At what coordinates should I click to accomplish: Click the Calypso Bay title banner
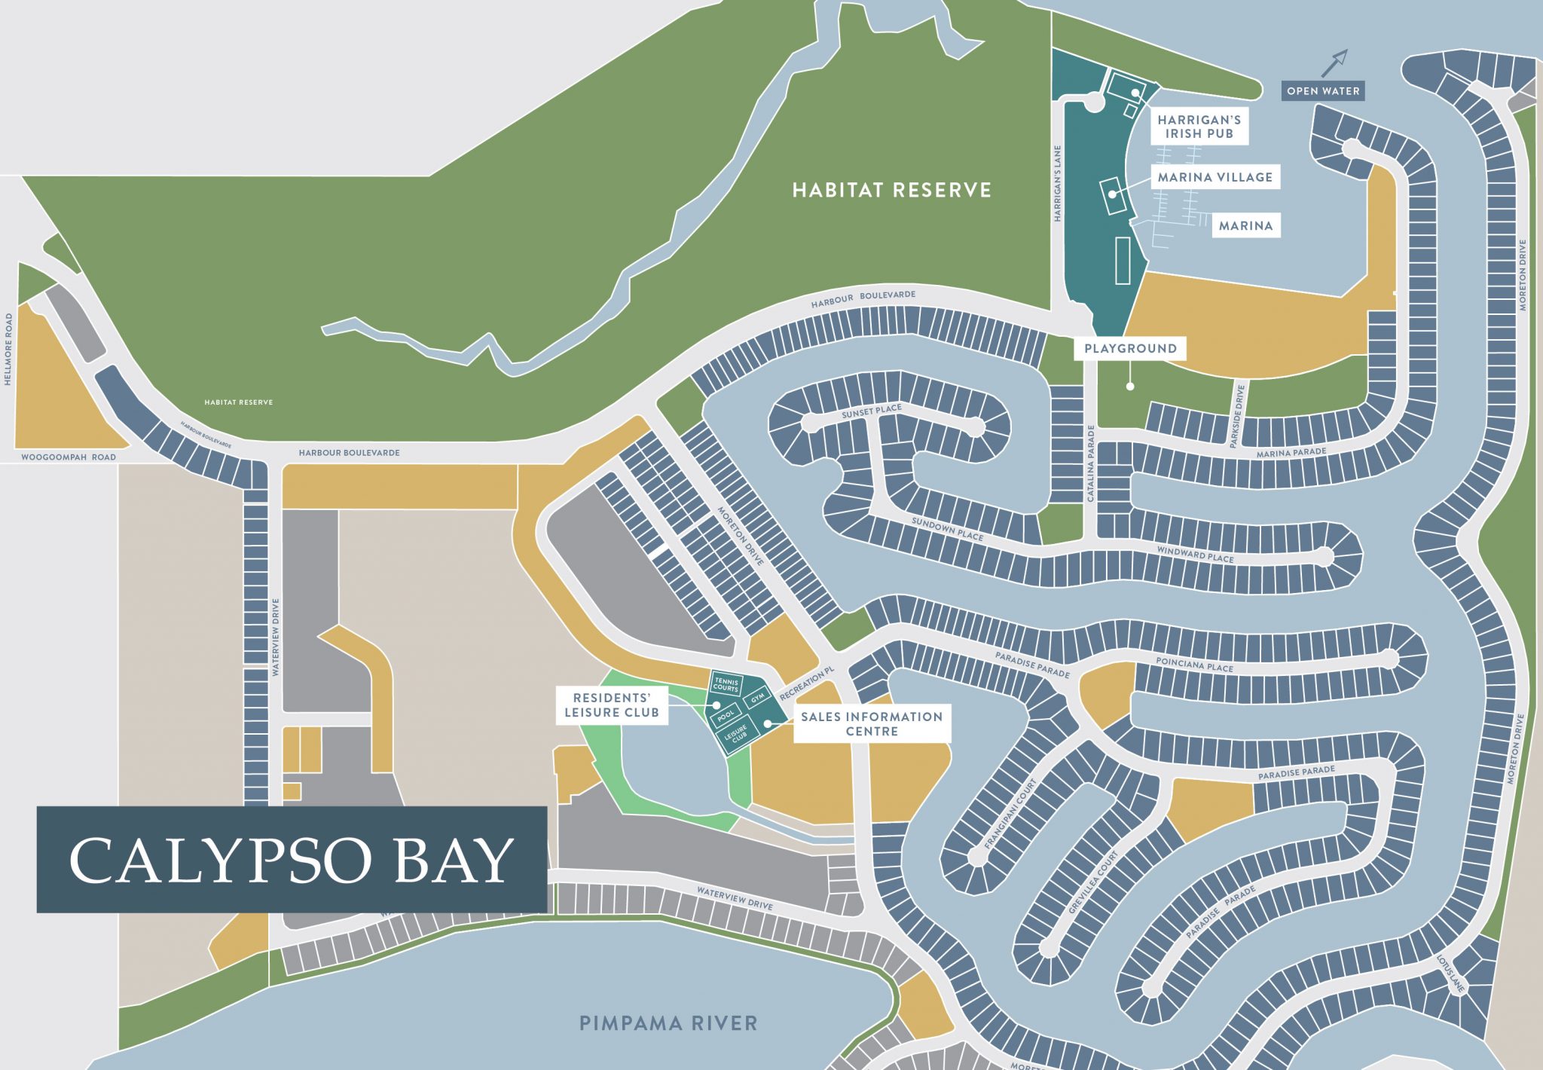click(x=292, y=859)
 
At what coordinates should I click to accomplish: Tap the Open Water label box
click(x=1323, y=91)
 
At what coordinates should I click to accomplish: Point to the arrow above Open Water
click(x=1334, y=63)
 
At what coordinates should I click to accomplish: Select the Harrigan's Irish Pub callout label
click(x=1199, y=127)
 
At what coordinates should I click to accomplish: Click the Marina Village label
click(x=1215, y=177)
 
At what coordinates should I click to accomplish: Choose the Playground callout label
click(x=1130, y=348)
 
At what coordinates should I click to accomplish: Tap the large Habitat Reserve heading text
click(x=891, y=190)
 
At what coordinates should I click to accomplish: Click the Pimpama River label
click(x=668, y=1023)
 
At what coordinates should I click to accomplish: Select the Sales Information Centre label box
click(x=872, y=723)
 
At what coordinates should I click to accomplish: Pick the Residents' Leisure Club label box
click(x=612, y=705)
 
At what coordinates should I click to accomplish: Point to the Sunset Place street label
click(x=872, y=411)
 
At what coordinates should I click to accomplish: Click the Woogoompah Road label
click(x=69, y=457)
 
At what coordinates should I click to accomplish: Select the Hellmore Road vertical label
click(x=8, y=350)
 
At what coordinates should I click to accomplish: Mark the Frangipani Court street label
click(x=1011, y=815)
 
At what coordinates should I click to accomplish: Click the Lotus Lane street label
click(x=1449, y=974)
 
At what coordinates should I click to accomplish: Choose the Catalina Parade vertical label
click(x=1090, y=463)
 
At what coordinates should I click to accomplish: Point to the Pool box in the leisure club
click(x=725, y=714)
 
